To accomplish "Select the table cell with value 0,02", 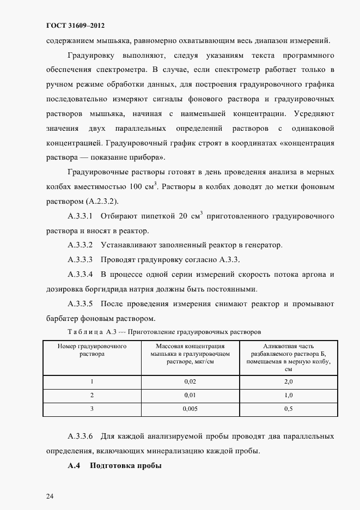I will [190, 381].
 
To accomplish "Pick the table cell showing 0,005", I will [190, 408].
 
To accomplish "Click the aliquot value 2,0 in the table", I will [289, 381].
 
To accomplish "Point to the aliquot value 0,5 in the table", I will [289, 408].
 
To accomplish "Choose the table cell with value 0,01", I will [190, 394].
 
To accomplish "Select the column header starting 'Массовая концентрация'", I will [190, 353].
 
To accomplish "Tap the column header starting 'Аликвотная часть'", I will [289, 357].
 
